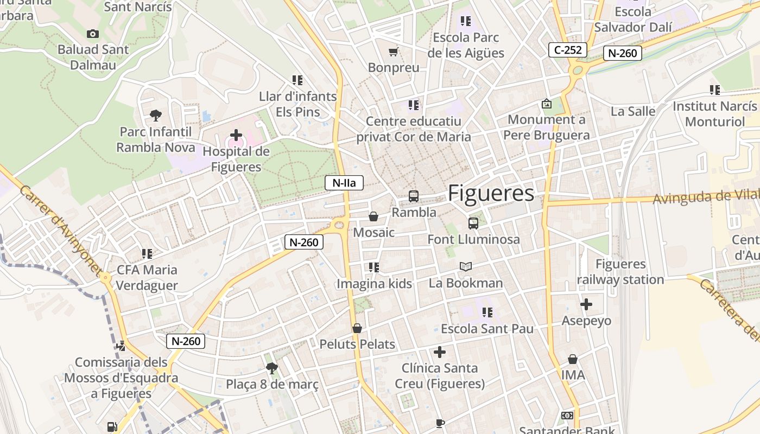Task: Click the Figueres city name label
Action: pyautogui.click(x=491, y=194)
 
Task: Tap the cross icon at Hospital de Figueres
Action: pyautogui.click(x=236, y=135)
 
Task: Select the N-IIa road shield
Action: pyautogui.click(x=344, y=183)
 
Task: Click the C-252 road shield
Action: pyautogui.click(x=567, y=50)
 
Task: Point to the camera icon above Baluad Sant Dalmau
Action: pyautogui.click(x=93, y=34)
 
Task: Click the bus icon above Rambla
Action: pyautogui.click(x=414, y=196)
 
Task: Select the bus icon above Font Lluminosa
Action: pyautogui.click(x=473, y=223)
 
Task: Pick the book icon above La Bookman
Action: pyautogui.click(x=466, y=266)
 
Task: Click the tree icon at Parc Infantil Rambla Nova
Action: pyautogui.click(x=156, y=115)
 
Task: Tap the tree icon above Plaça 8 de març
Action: pyautogui.click(x=272, y=368)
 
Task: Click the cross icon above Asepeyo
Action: pyautogui.click(x=586, y=304)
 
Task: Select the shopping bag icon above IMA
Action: pyautogui.click(x=573, y=359)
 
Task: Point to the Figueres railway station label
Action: pyautogui.click(x=620, y=272)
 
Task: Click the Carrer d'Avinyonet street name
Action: pyautogui.click(x=60, y=231)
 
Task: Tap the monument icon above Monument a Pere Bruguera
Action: pyautogui.click(x=546, y=104)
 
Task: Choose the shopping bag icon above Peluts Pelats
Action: pyautogui.click(x=357, y=328)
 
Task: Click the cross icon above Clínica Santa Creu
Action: pyautogui.click(x=440, y=352)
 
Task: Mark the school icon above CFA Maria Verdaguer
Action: pyautogui.click(x=147, y=253)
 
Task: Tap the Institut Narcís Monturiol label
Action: pyautogui.click(x=714, y=113)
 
